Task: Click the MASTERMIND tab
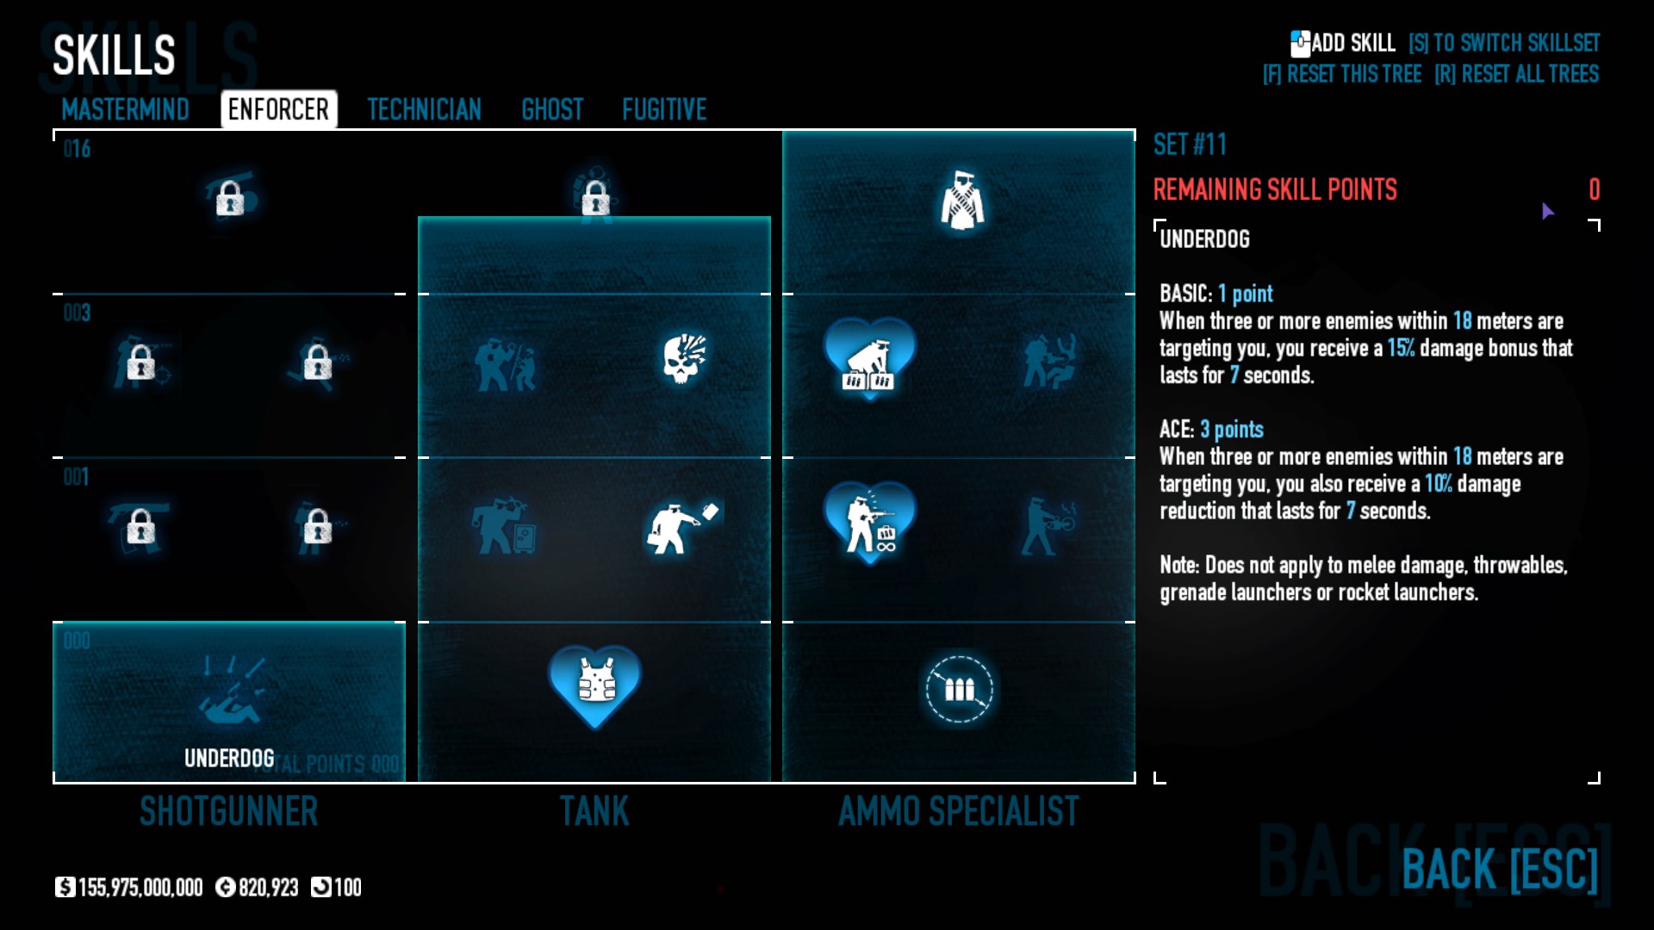click(126, 109)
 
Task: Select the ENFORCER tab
click(278, 109)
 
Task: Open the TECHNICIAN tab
click(424, 109)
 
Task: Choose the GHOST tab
click(552, 109)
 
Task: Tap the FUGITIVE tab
click(664, 109)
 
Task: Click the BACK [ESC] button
click(1500, 869)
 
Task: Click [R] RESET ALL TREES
click(1516, 74)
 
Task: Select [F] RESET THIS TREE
click(1342, 74)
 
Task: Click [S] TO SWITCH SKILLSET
click(1504, 43)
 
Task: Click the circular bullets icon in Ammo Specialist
click(959, 689)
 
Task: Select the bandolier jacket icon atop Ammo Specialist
click(962, 201)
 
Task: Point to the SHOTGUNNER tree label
click(229, 811)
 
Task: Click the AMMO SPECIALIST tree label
click(959, 811)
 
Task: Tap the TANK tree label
click(594, 811)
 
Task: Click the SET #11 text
click(1190, 145)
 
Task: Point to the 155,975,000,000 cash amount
click(140, 887)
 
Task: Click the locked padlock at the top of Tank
click(595, 199)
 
